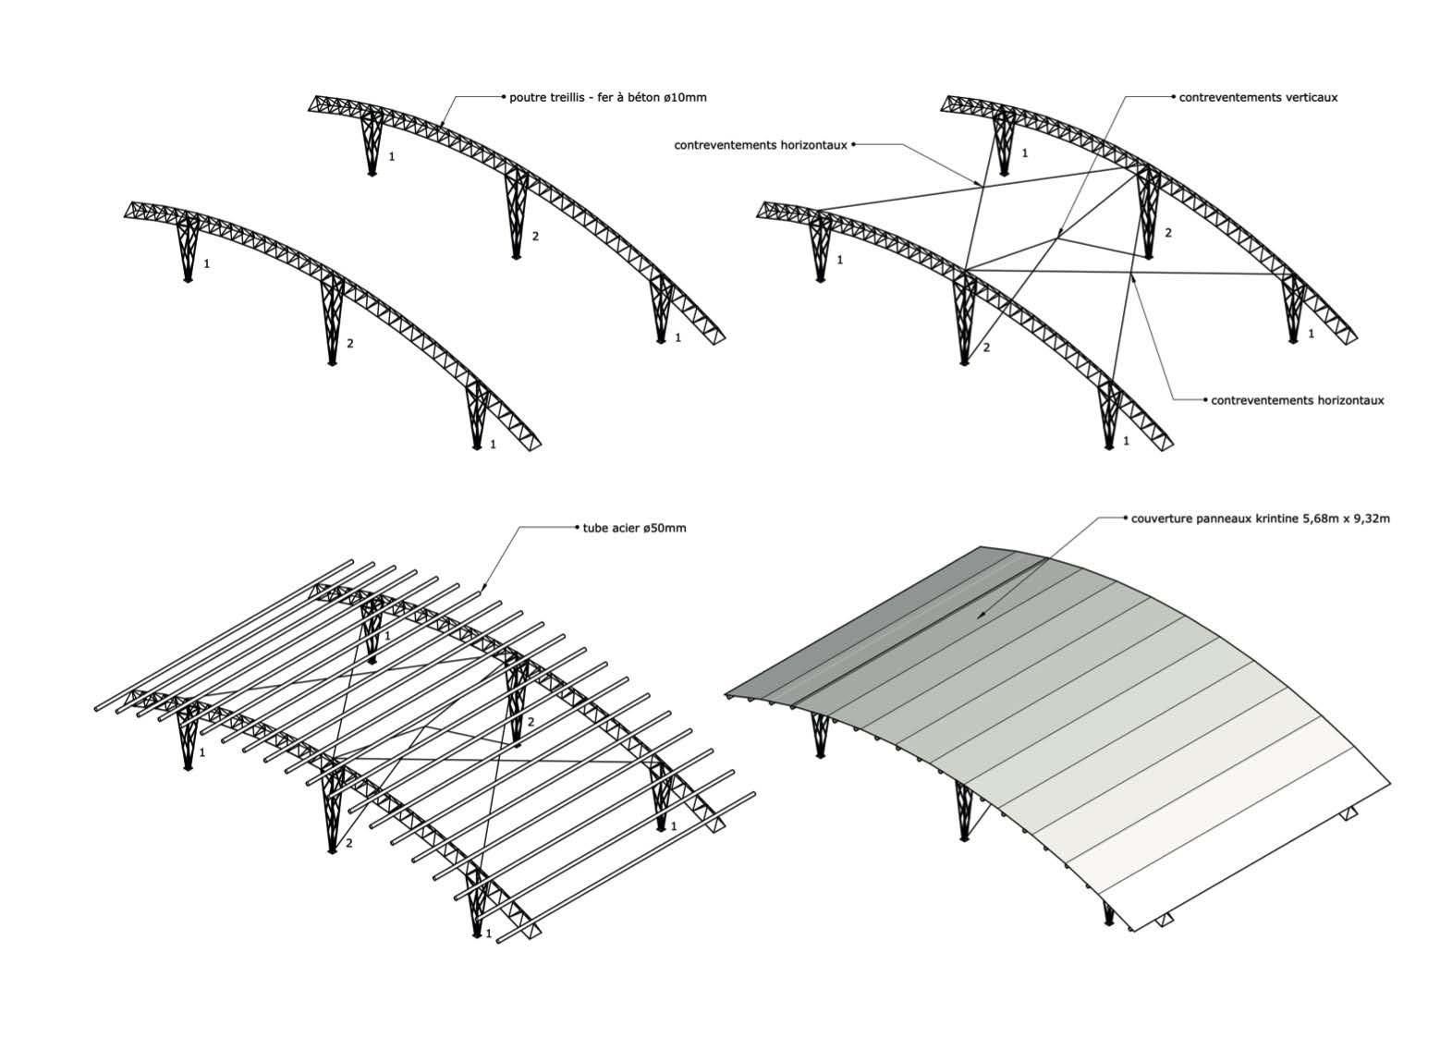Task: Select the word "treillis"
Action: tap(570, 97)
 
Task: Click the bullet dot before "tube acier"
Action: tap(578, 529)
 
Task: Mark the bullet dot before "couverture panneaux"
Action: tap(1125, 519)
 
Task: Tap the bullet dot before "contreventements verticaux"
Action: tap(1174, 96)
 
